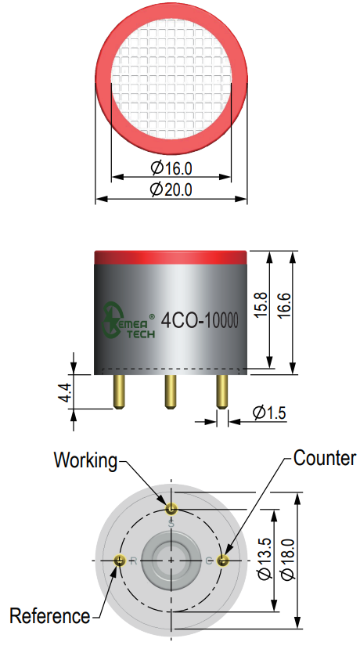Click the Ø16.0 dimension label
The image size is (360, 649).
[x=171, y=168]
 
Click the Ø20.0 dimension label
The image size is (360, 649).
[x=171, y=190]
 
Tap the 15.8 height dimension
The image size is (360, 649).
[x=261, y=305]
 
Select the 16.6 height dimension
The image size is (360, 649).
[x=285, y=306]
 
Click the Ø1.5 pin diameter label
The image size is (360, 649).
[x=269, y=413]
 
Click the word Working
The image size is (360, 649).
[x=85, y=460]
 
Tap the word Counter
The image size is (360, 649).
[x=325, y=458]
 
